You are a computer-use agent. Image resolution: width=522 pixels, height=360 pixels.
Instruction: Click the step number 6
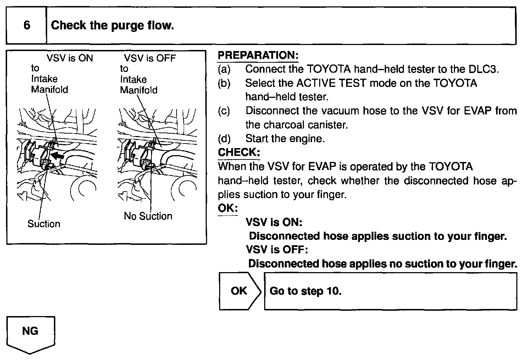27,25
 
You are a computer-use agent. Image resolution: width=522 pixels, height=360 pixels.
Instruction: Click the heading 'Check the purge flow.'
112,26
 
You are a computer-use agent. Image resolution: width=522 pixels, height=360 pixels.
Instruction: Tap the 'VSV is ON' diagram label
70,58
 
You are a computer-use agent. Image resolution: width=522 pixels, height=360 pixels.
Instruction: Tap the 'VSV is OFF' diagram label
150,58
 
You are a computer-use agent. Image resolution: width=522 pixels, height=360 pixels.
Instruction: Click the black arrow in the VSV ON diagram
58,155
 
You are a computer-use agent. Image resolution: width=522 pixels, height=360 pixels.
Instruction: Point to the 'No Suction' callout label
148,216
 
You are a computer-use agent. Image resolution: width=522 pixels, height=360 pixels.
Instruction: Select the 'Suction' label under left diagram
44,224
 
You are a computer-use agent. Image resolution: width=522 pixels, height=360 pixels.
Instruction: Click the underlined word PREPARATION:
258,55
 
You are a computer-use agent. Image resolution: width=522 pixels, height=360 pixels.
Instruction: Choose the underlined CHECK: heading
239,152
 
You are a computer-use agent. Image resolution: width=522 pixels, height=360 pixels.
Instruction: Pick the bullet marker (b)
224,83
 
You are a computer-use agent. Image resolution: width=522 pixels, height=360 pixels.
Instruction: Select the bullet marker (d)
224,139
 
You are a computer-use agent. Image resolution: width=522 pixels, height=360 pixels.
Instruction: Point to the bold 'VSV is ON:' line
274,222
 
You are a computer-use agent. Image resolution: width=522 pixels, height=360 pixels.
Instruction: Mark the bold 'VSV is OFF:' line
277,250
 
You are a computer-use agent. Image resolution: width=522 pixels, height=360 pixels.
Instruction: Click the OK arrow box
239,291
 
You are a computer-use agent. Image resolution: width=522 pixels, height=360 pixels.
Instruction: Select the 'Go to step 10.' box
390,291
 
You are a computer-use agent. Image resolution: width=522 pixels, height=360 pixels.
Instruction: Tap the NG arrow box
30,333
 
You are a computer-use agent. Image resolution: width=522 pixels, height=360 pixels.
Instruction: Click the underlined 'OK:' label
227,208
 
